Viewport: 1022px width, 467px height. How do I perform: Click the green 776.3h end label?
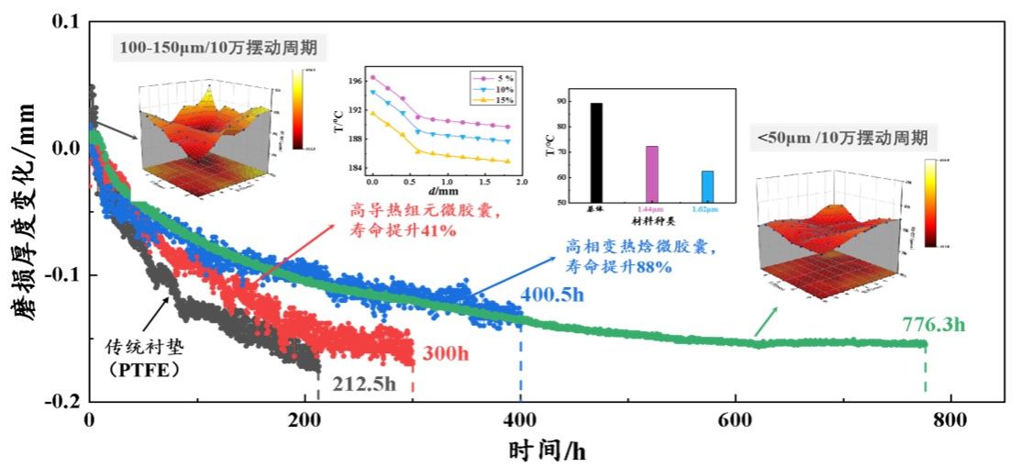933,325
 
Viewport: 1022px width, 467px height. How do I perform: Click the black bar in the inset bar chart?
596,152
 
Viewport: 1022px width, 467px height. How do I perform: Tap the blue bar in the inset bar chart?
707,186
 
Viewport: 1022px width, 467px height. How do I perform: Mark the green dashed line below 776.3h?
924,373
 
